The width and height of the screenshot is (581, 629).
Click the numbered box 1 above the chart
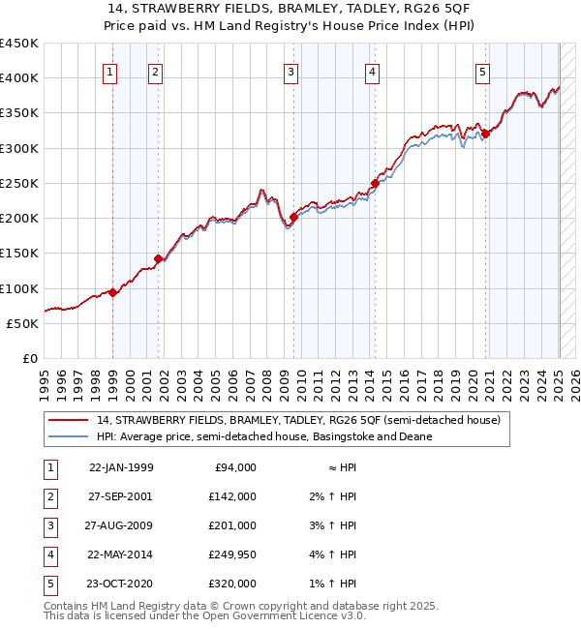coord(109,71)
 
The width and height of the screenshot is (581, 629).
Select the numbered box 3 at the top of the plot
coord(290,71)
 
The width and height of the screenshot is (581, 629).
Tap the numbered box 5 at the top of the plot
coord(482,71)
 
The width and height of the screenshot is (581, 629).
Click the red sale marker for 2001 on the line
coord(158,258)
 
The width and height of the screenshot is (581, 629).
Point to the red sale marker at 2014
coord(375,183)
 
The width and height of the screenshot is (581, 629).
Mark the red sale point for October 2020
coord(486,134)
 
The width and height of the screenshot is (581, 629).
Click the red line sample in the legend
coord(69,421)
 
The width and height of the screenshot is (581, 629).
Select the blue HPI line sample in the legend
coord(69,436)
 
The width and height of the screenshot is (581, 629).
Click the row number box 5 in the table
coord(47,584)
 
